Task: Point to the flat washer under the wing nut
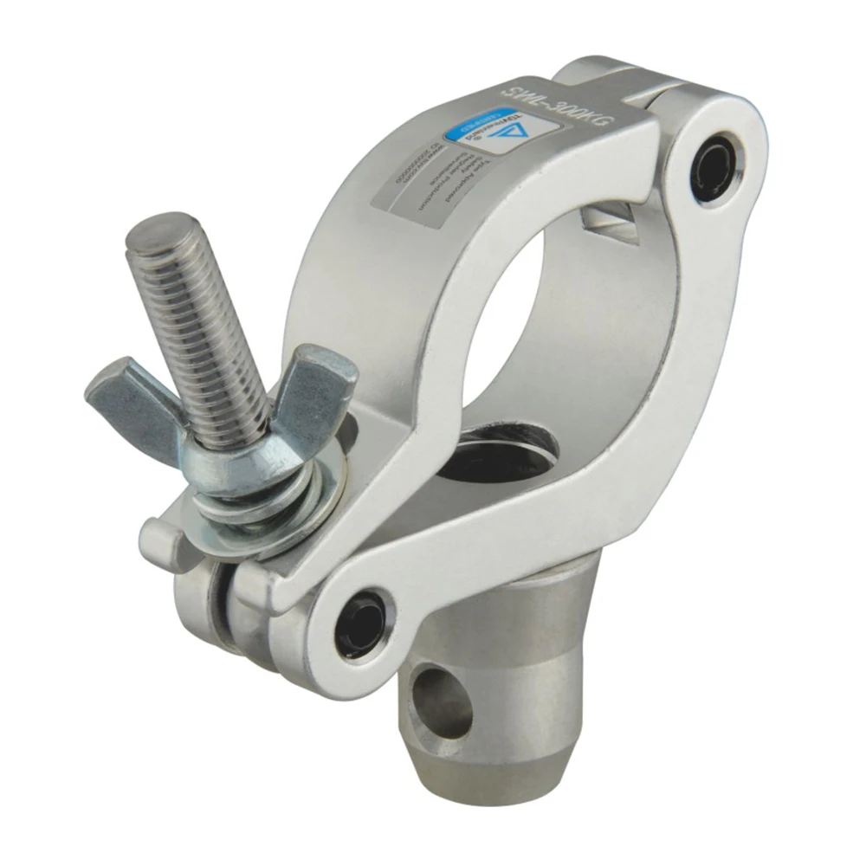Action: [260, 520]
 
